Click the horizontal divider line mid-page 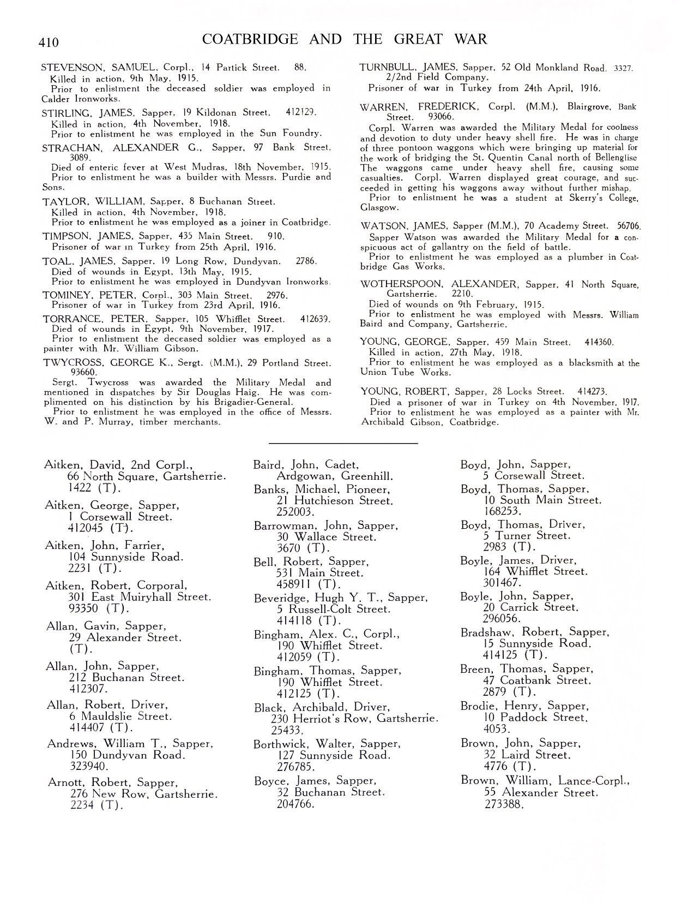click(x=343, y=443)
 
